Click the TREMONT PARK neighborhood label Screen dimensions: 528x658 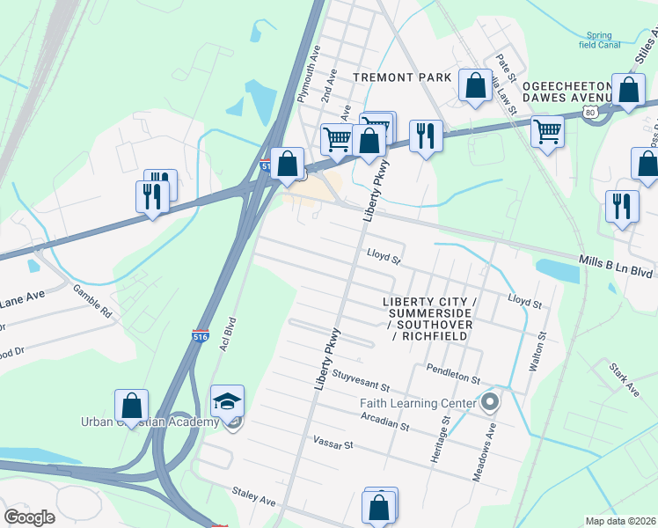(402, 77)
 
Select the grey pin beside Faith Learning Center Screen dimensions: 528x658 (490, 403)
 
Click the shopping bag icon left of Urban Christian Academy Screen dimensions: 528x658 (131, 407)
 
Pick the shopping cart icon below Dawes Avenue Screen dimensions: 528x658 (547, 132)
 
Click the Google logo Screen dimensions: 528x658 (29, 517)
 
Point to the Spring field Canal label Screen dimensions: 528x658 (600, 40)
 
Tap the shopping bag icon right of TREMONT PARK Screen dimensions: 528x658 (475, 86)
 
